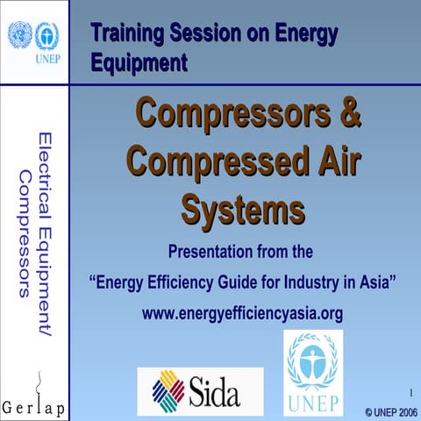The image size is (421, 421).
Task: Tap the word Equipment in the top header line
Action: (x=138, y=62)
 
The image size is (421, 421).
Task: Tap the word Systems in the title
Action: (x=243, y=210)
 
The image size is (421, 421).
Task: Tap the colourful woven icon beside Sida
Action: (x=168, y=391)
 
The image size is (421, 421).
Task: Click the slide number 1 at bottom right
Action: (x=410, y=392)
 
